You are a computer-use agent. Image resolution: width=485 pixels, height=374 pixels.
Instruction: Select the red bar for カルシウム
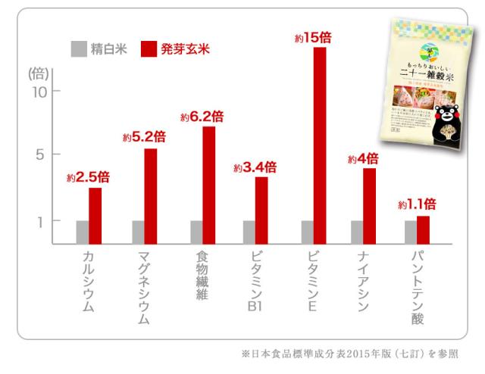(95, 215)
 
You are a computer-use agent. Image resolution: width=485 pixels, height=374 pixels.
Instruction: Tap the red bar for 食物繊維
(208, 185)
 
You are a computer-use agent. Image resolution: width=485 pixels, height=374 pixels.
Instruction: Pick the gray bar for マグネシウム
(138, 232)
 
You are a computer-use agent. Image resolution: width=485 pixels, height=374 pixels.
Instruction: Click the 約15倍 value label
(312, 36)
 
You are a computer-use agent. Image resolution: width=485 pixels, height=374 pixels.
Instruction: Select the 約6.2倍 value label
(202, 117)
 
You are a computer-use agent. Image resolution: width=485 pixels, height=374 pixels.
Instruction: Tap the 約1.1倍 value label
(416, 204)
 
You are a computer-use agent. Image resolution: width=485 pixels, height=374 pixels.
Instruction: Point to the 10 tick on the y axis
(39, 92)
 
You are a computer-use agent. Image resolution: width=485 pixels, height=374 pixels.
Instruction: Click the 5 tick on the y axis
(44, 154)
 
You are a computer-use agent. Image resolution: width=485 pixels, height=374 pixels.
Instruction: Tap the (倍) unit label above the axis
(38, 73)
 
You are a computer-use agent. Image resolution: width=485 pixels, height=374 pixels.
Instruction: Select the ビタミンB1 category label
(255, 279)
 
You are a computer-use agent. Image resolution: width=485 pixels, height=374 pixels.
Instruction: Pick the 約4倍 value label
(362, 159)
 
